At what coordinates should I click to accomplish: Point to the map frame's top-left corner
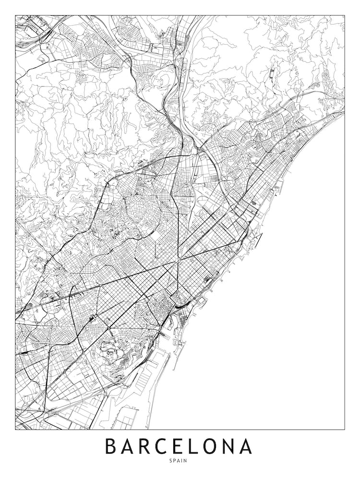15,15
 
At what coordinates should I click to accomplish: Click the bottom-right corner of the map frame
345,429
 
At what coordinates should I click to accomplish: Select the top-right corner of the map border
345,15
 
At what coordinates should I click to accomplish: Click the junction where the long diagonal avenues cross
178,261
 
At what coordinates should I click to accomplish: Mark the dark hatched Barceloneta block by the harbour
207,278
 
